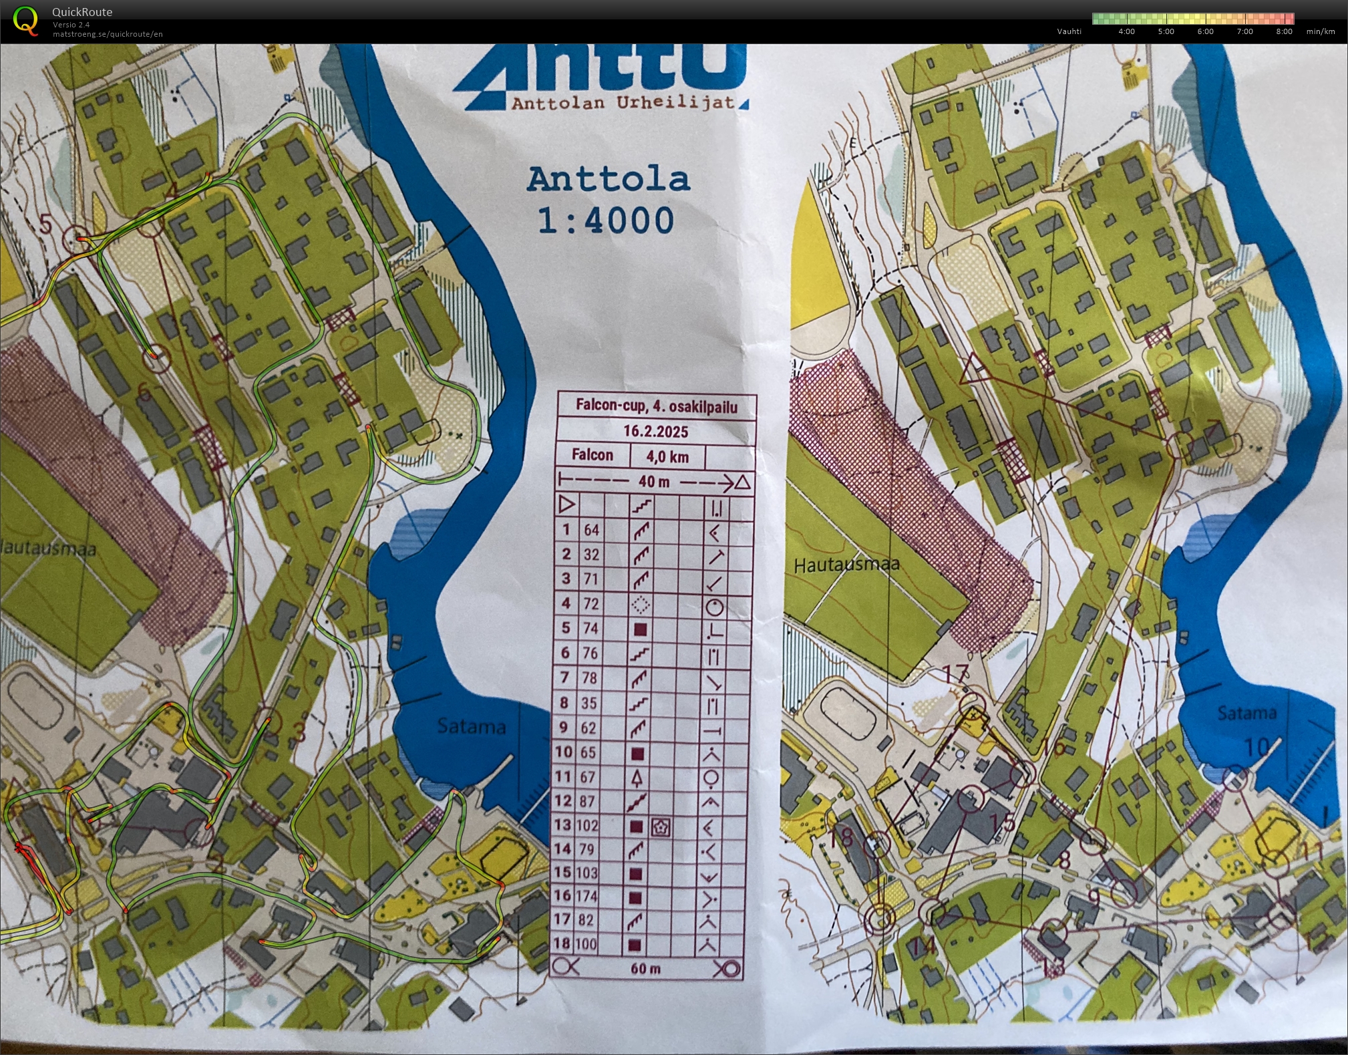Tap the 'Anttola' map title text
(x=608, y=180)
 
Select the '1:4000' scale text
(x=606, y=220)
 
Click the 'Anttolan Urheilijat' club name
(x=623, y=103)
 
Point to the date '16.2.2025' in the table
(x=655, y=431)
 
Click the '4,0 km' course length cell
(x=667, y=457)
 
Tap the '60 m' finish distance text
(x=645, y=968)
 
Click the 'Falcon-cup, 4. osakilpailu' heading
(x=656, y=406)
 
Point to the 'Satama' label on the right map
(x=1246, y=714)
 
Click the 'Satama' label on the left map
(x=471, y=726)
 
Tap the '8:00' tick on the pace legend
(x=1284, y=31)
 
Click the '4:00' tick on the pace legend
(x=1126, y=31)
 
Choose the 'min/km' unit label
(x=1321, y=31)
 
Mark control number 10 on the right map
(x=1256, y=747)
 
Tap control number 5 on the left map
(x=45, y=223)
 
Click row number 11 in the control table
(x=564, y=777)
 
